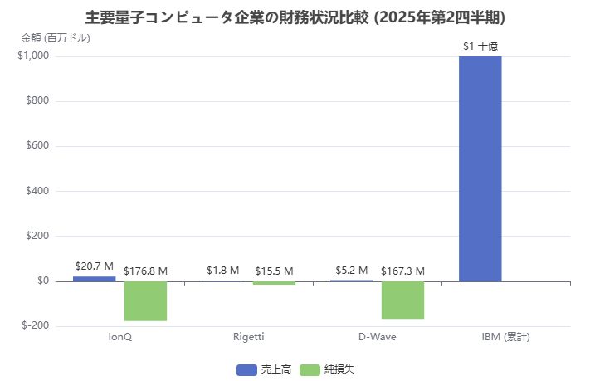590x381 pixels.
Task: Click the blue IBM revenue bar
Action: pos(480,169)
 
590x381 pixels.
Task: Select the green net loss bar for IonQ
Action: pos(145,300)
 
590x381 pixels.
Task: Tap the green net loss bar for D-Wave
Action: pos(402,300)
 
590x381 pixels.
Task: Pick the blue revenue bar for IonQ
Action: pos(94,278)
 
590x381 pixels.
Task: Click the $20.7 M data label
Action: pos(94,266)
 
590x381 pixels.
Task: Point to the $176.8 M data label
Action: pos(145,271)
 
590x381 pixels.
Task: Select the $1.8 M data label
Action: pos(222,271)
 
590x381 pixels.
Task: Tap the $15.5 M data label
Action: pos(274,271)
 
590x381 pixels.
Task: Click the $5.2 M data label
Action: pos(351,270)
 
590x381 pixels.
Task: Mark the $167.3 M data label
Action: pos(402,271)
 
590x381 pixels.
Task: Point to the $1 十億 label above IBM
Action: pos(480,46)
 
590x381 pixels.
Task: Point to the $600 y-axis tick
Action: pos(37,146)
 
